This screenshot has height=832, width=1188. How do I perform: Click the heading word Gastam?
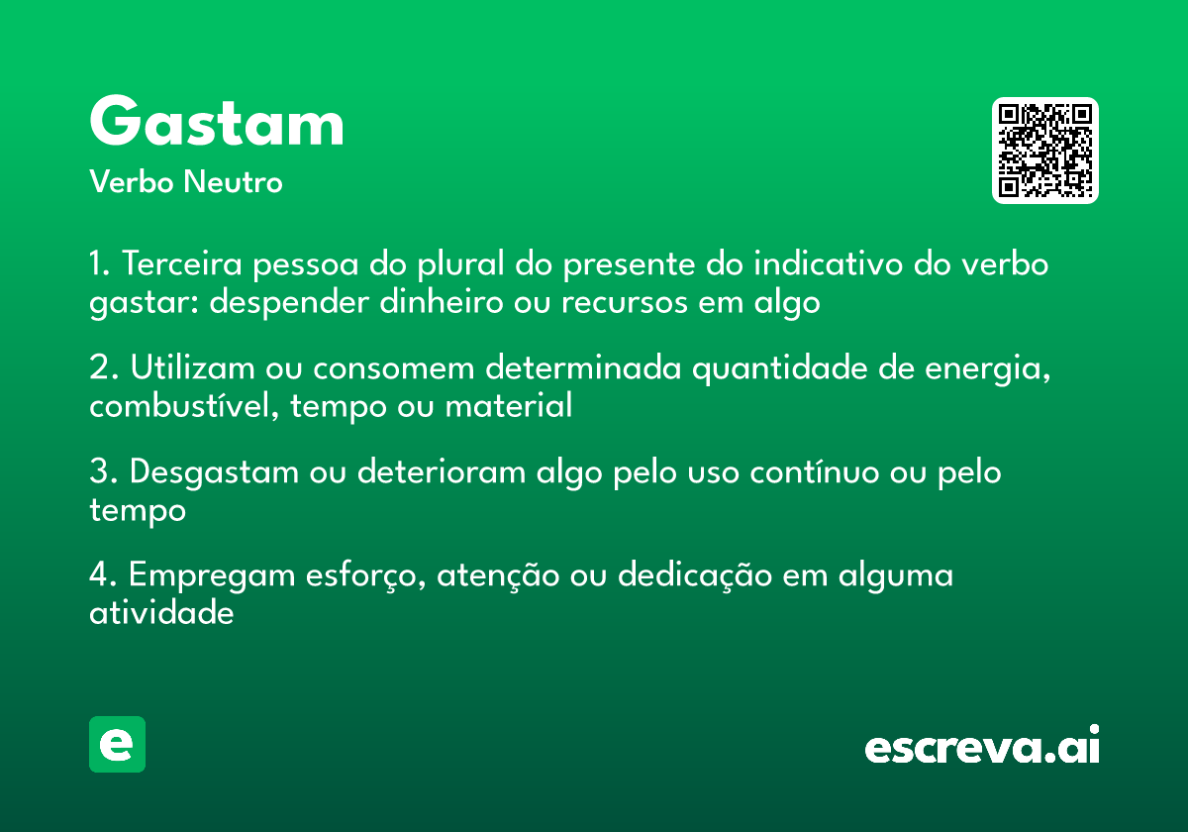(x=217, y=123)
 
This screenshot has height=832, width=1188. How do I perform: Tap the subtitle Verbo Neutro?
(x=186, y=182)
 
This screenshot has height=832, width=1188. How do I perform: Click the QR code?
(x=1044, y=151)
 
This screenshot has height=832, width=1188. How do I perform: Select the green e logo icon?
(x=117, y=744)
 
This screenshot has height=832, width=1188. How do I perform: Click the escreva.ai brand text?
(x=982, y=747)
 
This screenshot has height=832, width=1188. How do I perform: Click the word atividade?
(x=161, y=613)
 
